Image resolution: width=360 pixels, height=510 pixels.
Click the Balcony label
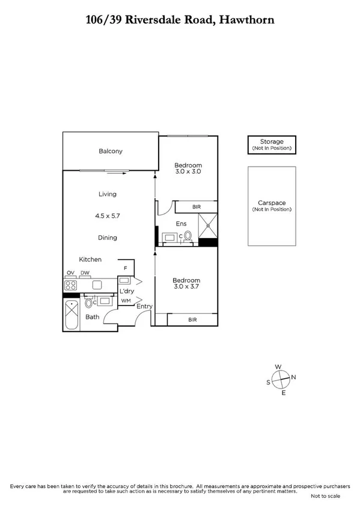[111, 151]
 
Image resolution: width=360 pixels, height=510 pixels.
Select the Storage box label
[272, 142]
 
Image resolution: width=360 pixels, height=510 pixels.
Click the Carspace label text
[272, 203]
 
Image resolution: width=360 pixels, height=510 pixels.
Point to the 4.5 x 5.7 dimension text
[108, 215]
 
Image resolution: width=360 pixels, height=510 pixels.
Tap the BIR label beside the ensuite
[196, 207]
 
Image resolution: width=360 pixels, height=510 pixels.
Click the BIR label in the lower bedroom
[192, 320]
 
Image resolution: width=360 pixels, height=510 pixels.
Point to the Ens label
[181, 224]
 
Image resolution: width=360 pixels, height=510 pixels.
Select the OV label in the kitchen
[70, 272]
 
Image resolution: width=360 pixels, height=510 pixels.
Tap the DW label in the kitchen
[86, 272]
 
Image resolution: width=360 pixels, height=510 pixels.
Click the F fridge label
[126, 268]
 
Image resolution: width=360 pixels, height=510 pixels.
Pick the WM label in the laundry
[126, 300]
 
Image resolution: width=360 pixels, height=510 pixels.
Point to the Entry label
[144, 307]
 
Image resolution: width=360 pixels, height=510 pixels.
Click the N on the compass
[293, 377]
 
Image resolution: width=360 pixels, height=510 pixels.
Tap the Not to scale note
[325, 496]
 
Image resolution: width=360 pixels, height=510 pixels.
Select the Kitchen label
[90, 259]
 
